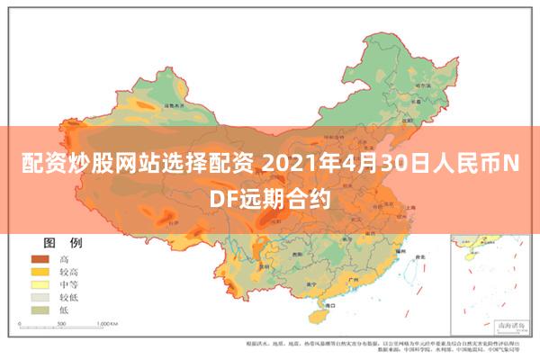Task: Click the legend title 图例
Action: pyautogui.click(x=63, y=243)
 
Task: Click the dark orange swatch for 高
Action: pyautogui.click(x=41, y=258)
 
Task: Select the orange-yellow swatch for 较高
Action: pyautogui.click(x=41, y=271)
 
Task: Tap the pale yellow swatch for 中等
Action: pyautogui.click(x=41, y=283)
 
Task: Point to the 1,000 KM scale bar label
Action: pyautogui.click(x=108, y=321)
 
